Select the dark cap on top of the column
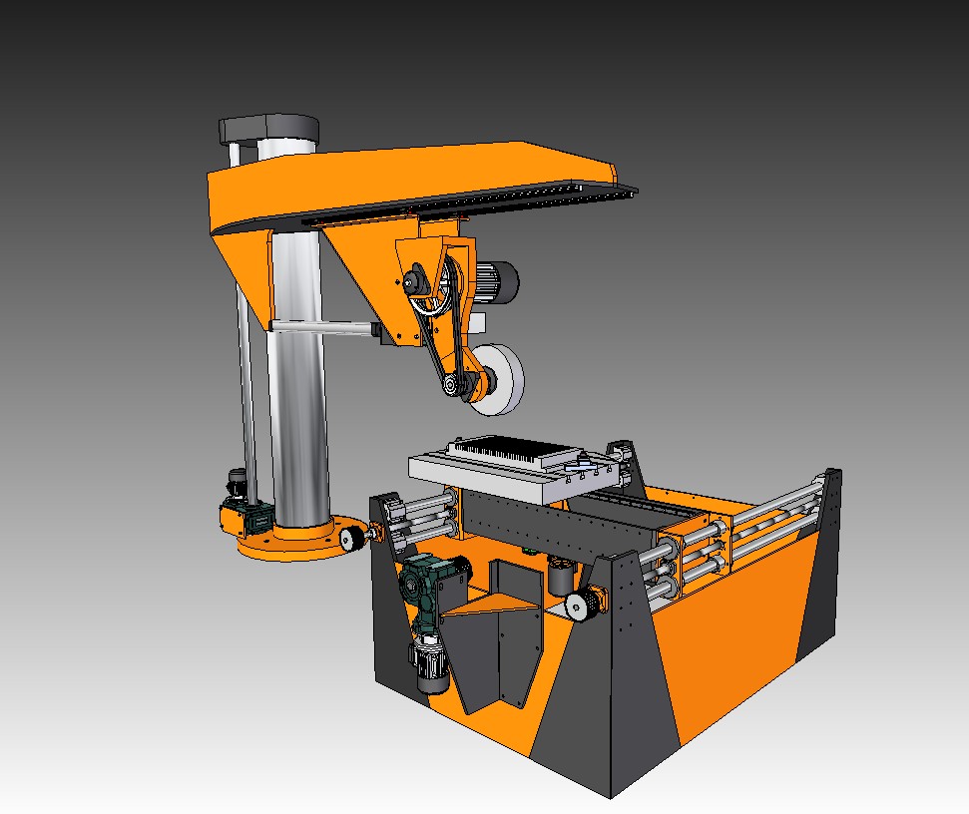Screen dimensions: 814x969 click(268, 129)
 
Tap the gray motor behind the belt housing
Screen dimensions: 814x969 click(494, 279)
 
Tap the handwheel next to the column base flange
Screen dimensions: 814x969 click(352, 540)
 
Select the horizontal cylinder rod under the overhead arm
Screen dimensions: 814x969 click(319, 327)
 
